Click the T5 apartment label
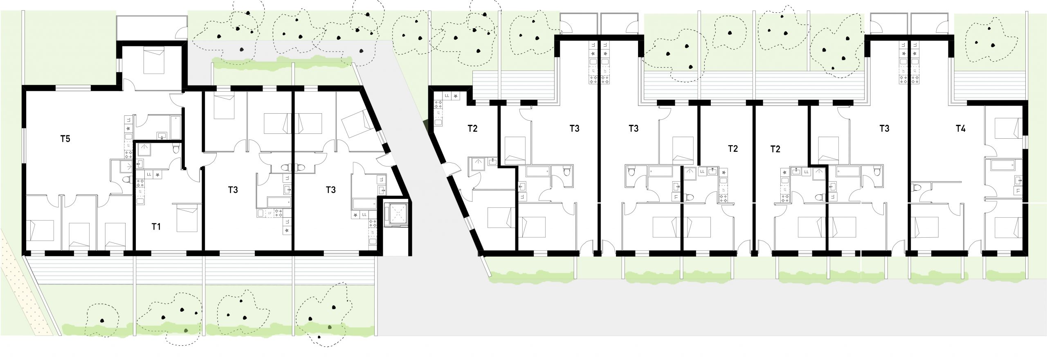pos(65,139)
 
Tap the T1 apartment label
pos(156,227)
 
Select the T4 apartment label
pos(960,128)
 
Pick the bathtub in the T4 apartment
pos(1003,165)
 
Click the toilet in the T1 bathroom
pos(176,149)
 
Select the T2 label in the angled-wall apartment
pos(472,128)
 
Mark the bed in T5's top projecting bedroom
pos(154,61)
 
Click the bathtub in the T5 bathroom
pos(176,127)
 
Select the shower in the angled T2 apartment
pos(478,164)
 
